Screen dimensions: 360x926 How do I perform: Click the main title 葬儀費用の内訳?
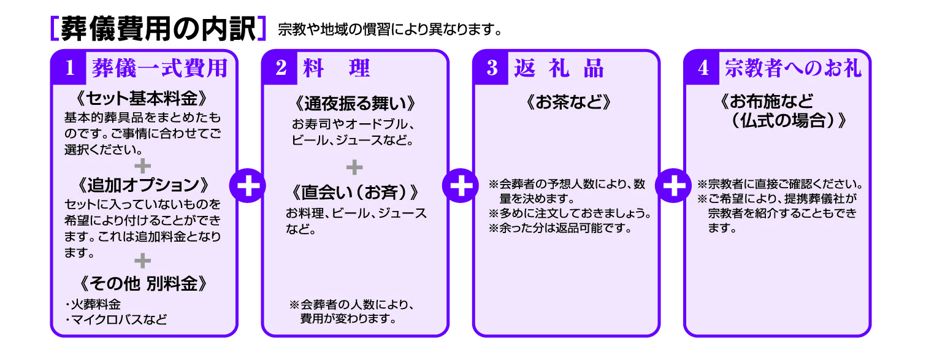pyautogui.click(x=158, y=29)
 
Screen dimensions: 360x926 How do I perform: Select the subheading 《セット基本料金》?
pyautogui.click(x=142, y=99)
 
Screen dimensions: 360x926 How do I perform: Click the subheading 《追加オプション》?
pyautogui.click(x=142, y=185)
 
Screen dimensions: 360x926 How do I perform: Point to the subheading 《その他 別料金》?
pyautogui.click(x=142, y=284)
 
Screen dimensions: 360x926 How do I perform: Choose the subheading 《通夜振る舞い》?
pyautogui.click(x=355, y=102)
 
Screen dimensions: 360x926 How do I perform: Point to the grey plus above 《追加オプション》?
pyautogui.click(x=142, y=166)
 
